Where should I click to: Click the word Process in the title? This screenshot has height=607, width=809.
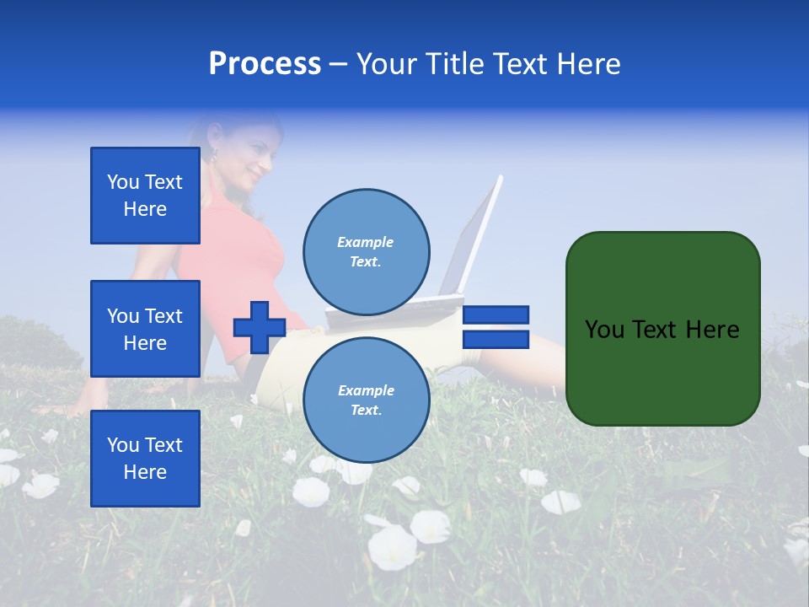[x=265, y=64]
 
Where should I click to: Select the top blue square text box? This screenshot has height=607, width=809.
[x=145, y=196]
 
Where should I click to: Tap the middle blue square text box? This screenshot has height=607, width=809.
[x=145, y=329]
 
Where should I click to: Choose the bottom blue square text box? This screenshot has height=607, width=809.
[x=145, y=459]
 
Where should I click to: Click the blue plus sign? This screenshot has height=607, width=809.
[x=259, y=327]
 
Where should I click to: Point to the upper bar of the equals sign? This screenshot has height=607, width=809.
[x=496, y=314]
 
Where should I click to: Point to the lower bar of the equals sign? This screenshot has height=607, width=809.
[x=496, y=340]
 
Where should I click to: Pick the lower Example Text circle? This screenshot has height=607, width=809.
[x=366, y=400]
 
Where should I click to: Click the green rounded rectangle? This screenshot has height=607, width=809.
[x=662, y=329]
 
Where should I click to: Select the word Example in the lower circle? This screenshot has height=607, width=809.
[x=366, y=390]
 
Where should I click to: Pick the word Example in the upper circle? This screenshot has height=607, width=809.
[x=366, y=242]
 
